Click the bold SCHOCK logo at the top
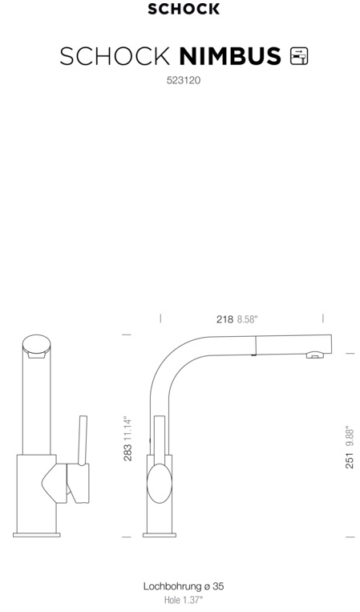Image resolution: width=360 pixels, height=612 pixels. point(184,9)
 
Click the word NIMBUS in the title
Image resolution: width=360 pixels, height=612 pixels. point(230,56)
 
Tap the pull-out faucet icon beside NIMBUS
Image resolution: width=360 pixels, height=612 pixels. point(299,56)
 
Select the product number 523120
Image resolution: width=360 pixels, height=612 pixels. point(184,80)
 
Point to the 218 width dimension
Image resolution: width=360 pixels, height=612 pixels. point(225,319)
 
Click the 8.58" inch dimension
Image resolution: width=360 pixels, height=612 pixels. point(248,319)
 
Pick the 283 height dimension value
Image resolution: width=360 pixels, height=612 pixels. point(127,452)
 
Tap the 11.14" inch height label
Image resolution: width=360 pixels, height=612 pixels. point(127,429)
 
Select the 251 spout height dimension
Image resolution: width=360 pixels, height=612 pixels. point(350,460)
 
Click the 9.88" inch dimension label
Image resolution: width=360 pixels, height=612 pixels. point(350,437)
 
